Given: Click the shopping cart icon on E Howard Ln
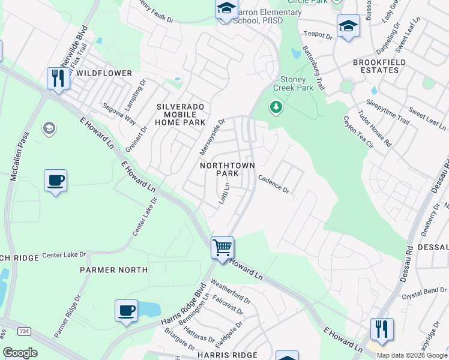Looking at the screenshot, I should coord(222,247).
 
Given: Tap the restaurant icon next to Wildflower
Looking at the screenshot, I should coord(58,79).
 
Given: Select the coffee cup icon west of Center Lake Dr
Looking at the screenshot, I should coord(56,180).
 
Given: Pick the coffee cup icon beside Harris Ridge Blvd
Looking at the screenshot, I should coord(126,310).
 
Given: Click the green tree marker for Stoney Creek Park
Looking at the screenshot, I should coord(276,107).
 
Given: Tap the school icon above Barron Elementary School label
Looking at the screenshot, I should coord(226,9).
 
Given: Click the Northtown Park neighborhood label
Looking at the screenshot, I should coord(228,169).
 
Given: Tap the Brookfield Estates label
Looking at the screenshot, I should coord(379,66).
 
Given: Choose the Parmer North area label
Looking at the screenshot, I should coord(113,270).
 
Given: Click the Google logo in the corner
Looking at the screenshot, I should coord(20,353).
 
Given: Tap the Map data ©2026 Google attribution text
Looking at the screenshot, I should coord(412,355).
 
